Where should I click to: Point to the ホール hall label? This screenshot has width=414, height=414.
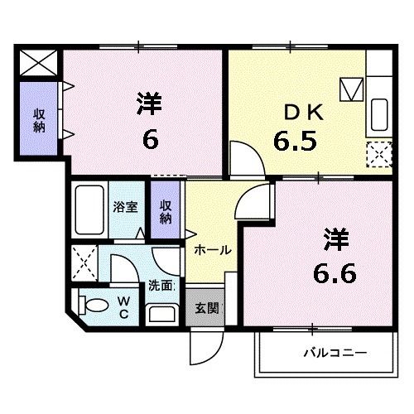[212, 249]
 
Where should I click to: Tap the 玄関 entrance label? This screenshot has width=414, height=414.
[206, 309]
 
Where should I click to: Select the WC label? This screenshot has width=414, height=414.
[123, 306]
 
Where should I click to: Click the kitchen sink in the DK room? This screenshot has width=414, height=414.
[380, 111]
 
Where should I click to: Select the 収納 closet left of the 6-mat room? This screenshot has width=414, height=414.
[38, 120]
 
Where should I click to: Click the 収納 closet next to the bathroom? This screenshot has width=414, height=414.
[166, 212]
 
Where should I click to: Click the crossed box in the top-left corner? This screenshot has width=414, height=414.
[38, 63]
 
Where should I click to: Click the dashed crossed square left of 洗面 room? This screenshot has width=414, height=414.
[84, 262]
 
